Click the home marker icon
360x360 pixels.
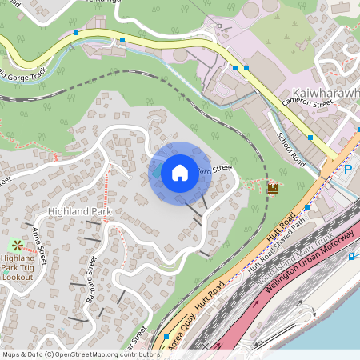pos(180,172)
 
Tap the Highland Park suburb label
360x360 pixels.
pos(78,211)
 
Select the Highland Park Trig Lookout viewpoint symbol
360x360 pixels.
pos(16,244)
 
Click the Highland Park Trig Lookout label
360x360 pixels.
pos(18,267)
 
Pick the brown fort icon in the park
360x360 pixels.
pos(272,189)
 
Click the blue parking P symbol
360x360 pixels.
pos(348,170)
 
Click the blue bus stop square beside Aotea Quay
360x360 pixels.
pos(166,337)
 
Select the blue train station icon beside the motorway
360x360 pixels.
pos(353,256)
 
